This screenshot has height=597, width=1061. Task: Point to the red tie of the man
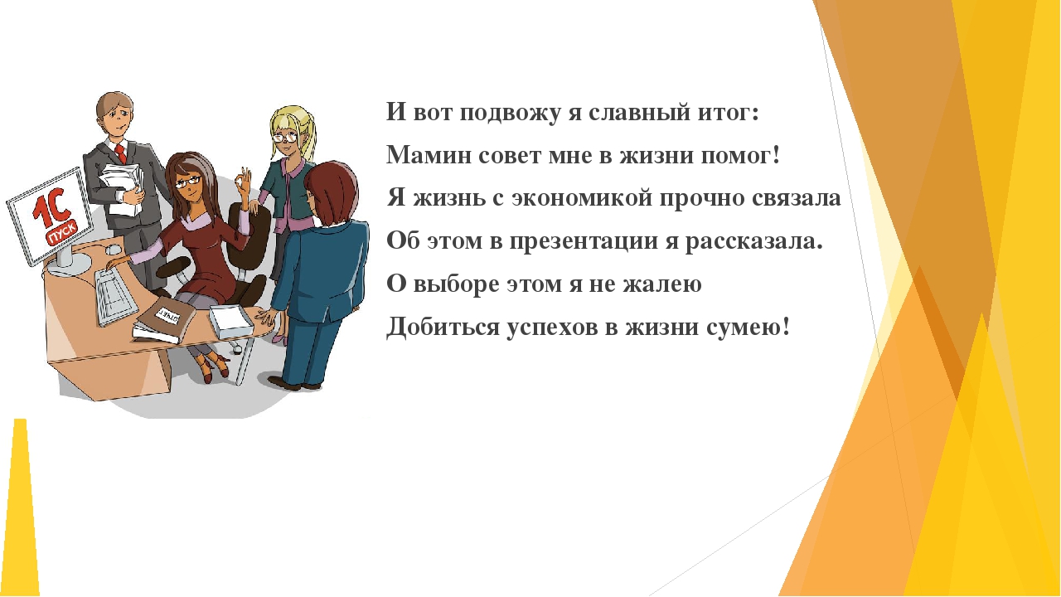pos(121,154)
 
